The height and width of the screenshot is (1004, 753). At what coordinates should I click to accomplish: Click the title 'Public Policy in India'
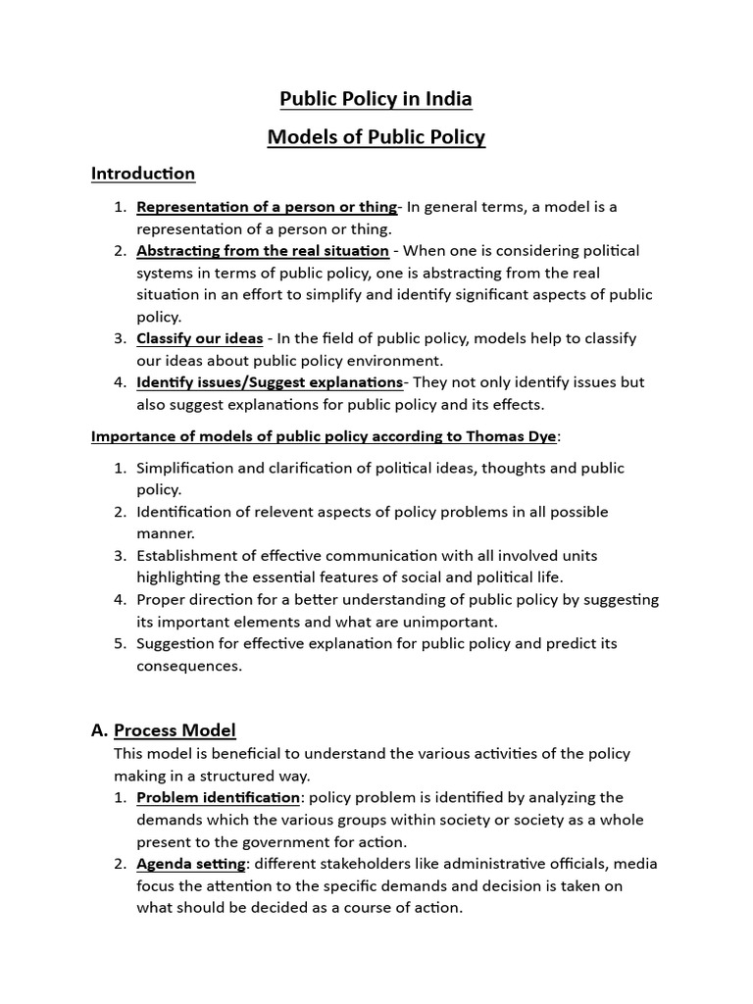[376, 99]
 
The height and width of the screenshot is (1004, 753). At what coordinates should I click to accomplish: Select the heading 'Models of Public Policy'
[376, 136]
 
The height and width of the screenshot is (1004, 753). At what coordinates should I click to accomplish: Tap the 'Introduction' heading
[143, 174]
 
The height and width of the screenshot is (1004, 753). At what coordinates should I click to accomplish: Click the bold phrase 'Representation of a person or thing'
[267, 207]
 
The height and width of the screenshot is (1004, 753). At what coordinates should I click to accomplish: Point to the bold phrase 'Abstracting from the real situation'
[262, 251]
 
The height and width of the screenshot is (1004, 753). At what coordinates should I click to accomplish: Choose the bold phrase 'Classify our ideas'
[199, 338]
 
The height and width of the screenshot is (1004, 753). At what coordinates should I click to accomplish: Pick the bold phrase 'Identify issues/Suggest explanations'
[270, 382]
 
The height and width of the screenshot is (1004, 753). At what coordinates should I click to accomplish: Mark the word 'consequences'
[188, 666]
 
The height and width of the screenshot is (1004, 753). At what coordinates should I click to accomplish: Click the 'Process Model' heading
[175, 730]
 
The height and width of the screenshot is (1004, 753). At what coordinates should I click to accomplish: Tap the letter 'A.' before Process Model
[99, 730]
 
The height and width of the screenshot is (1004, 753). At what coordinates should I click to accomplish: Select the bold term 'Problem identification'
[218, 798]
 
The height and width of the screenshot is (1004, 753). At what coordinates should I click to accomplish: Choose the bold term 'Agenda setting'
[191, 864]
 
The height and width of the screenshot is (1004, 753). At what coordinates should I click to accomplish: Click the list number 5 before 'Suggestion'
[119, 643]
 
